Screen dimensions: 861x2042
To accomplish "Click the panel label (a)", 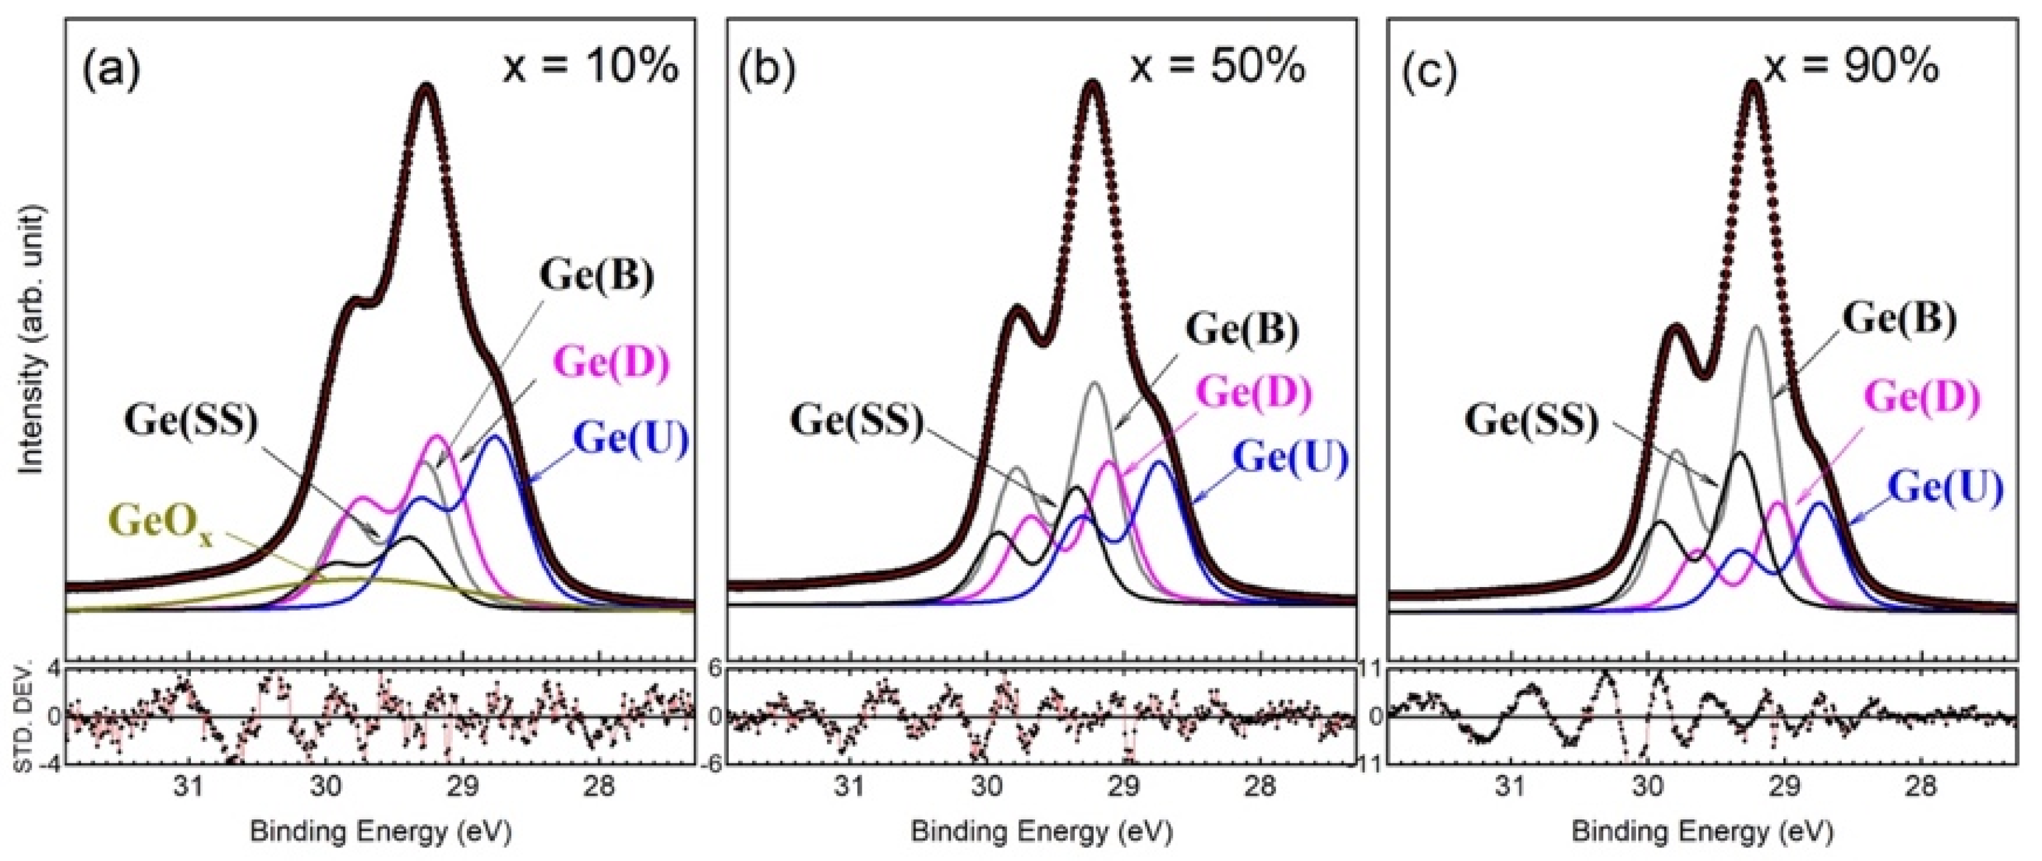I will tap(111, 70).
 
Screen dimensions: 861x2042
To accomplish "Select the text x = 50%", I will tap(1217, 67).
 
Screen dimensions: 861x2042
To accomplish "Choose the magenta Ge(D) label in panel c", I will tap(1922, 397).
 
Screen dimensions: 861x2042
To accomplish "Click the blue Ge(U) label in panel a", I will tap(632, 438).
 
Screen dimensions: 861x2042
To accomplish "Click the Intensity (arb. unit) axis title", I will tap(34, 341).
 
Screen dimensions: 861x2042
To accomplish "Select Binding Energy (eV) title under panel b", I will tap(1041, 832).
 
